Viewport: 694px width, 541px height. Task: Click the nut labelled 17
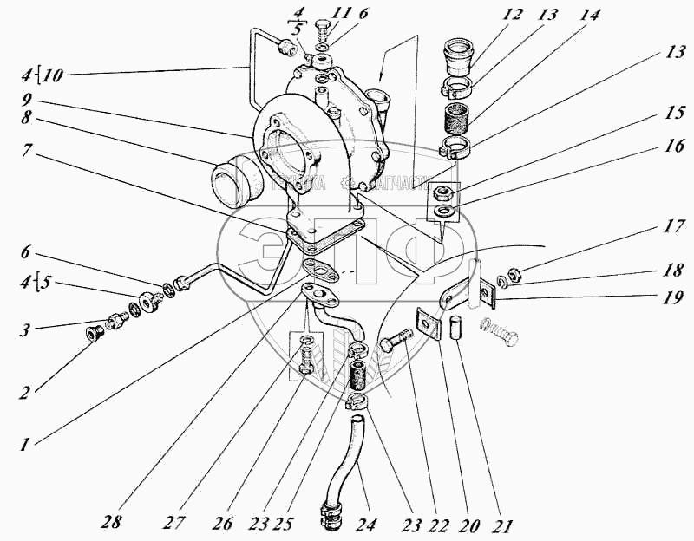513,277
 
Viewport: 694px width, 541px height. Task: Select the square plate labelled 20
427,323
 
